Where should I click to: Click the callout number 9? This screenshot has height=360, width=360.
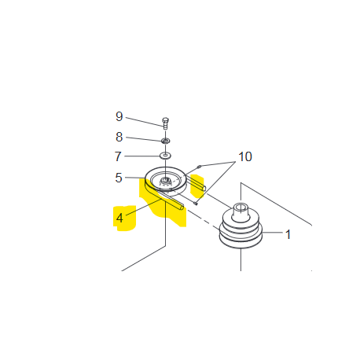(x=119, y=116)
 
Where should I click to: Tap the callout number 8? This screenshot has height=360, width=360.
(x=119, y=137)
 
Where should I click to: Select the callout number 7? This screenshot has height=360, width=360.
(x=118, y=156)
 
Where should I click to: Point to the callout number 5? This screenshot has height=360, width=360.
(x=119, y=178)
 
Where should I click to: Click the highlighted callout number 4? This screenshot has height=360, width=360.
(x=119, y=218)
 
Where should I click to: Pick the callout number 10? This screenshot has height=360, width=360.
(x=245, y=156)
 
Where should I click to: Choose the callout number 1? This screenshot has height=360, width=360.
(x=288, y=234)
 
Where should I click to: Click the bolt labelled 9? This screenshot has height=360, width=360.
(x=165, y=123)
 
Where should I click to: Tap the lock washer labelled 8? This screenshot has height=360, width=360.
(x=166, y=141)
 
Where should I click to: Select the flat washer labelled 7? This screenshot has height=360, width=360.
(x=165, y=156)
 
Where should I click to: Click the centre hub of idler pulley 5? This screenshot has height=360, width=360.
(x=165, y=181)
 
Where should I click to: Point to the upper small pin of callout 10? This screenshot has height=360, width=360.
(x=199, y=167)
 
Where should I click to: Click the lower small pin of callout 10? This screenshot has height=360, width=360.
(x=196, y=203)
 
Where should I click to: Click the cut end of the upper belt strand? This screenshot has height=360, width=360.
(x=204, y=188)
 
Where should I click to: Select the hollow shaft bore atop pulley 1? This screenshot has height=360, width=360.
(x=241, y=208)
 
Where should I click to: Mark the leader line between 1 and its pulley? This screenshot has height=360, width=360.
(x=273, y=233)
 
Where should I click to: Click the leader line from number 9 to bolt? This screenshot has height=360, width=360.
(x=145, y=122)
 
